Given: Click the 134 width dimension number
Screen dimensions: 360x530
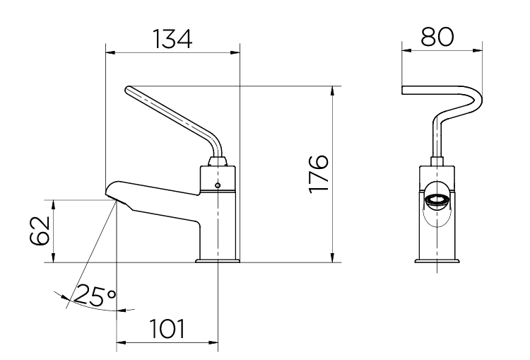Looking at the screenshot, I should (172, 39).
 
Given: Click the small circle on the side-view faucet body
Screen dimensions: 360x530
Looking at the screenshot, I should (218, 185).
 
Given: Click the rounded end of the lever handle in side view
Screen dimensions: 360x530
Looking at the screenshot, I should (129, 90).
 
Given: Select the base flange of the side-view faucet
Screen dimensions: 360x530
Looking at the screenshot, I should (218, 261).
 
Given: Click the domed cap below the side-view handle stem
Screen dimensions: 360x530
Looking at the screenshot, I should (218, 161).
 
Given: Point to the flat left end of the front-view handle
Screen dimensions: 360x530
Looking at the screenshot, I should (404, 90).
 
